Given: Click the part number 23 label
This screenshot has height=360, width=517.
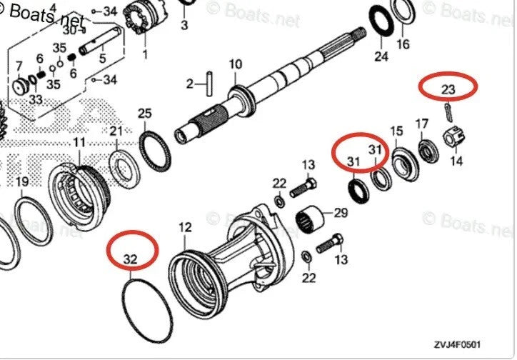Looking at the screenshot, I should [x=448, y=89].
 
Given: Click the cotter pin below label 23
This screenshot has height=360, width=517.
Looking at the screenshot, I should [x=448, y=111].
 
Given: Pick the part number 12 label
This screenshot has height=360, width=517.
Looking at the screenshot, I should [x=186, y=228].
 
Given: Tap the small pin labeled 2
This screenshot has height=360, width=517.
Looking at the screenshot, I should [x=211, y=84].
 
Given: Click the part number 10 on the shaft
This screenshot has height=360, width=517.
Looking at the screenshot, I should [x=236, y=65].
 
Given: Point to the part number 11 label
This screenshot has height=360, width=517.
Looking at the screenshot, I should [x=79, y=143].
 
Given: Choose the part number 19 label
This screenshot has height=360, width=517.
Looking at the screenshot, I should [x=22, y=181].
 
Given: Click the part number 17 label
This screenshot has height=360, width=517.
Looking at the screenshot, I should [x=422, y=124].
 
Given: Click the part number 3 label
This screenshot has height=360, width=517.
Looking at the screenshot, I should [x=184, y=26].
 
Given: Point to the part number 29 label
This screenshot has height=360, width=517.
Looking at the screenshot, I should [x=341, y=213].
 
